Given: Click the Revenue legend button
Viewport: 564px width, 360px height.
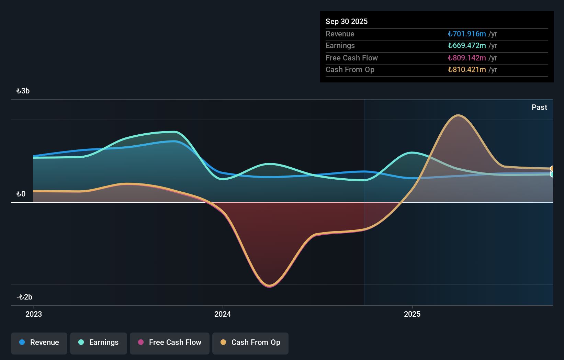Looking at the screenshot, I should [39, 343].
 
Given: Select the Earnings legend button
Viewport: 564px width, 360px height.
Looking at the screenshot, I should [99, 343].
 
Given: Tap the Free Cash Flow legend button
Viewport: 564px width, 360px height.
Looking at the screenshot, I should [170, 343].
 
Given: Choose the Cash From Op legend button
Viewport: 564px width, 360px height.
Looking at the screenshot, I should [250, 343].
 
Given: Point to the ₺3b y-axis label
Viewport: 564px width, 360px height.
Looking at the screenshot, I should [23, 91].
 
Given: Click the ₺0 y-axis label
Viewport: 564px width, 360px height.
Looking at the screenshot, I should [21, 194].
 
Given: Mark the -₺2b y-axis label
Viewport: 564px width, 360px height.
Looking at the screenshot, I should [24, 297].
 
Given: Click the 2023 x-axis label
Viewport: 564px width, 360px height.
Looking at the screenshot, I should [34, 314].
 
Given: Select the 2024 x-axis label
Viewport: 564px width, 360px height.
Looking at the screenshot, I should [223, 314].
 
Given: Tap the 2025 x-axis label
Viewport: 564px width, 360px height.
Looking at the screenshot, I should [412, 314].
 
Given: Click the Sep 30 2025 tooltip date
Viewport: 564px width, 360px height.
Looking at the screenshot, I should [347, 22].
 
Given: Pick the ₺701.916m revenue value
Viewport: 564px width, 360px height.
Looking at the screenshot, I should [467, 34].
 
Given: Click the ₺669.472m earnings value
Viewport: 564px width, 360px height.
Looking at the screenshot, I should [467, 46].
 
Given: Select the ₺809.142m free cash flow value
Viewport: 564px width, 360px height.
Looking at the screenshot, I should [467, 58].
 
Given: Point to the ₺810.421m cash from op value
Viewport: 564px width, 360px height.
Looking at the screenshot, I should [467, 70].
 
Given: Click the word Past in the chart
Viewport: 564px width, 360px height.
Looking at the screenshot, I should [539, 108].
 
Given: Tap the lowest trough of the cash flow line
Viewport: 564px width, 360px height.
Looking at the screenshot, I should [270, 286].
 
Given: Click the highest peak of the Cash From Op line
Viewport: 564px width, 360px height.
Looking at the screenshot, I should [458, 115].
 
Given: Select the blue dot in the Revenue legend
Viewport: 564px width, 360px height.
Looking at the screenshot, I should [22, 342].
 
